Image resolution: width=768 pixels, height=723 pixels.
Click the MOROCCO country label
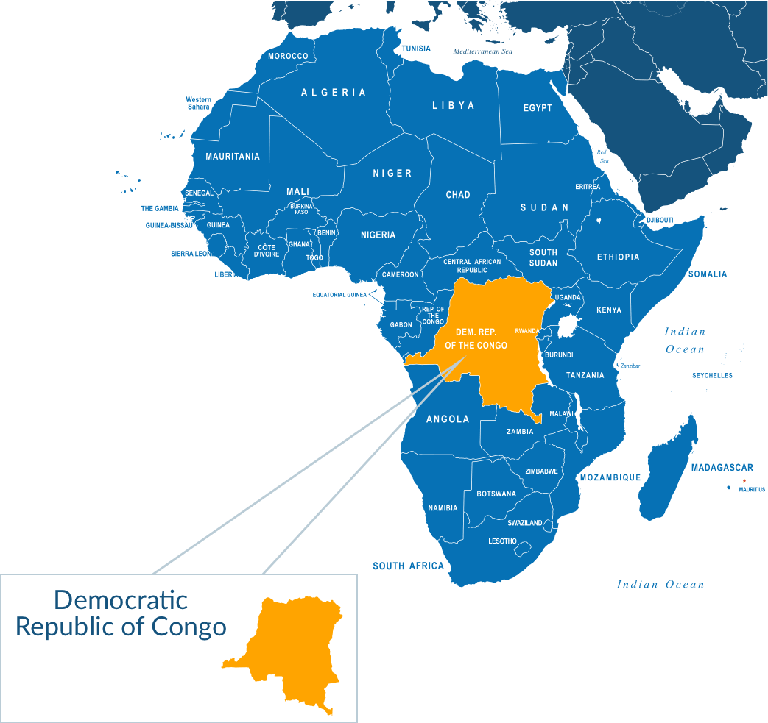[x=288, y=56]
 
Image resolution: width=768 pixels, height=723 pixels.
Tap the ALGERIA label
[x=334, y=93]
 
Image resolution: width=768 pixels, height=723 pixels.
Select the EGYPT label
[x=538, y=108]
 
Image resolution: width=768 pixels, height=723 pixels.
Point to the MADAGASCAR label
[x=722, y=468]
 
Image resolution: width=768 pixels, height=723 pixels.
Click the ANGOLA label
[x=448, y=419]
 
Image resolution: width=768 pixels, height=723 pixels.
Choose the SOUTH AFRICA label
[x=409, y=566]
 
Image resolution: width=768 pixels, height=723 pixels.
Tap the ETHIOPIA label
[x=618, y=257]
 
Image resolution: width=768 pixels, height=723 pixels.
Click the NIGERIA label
[x=378, y=235]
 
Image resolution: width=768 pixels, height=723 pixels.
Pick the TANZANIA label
[x=585, y=375]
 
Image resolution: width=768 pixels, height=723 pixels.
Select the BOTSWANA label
[x=496, y=494]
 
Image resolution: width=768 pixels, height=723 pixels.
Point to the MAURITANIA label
[x=233, y=157]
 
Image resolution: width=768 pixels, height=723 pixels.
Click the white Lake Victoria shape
[x=568, y=326]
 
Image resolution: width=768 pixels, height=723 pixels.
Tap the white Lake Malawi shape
[x=579, y=412]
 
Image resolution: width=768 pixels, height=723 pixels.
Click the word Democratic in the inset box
[x=121, y=600]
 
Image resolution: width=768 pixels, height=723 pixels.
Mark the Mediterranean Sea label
[x=482, y=51]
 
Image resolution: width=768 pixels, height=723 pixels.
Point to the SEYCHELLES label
[x=712, y=376]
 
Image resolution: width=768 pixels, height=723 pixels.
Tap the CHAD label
[x=458, y=195]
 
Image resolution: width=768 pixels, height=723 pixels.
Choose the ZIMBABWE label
[x=541, y=471]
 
